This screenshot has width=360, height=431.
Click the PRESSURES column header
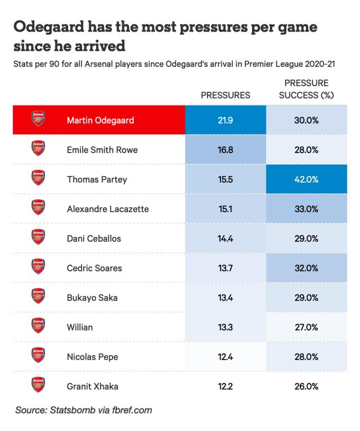pos(225,95)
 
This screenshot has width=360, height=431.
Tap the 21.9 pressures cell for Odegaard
pos(225,120)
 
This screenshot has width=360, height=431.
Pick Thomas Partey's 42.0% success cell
pos(306,179)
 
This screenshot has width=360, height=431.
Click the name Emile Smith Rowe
pos(102,150)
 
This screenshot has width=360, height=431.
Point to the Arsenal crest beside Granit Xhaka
pos(38,385)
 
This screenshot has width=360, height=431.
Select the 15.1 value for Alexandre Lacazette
pos(225,209)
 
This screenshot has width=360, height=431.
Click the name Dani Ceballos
pos(93,239)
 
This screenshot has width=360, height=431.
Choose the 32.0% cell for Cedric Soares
pos(306,268)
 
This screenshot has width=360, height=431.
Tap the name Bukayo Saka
pos(92,298)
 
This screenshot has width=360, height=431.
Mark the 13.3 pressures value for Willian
pos(225,327)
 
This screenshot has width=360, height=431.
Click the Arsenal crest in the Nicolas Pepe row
pos(38,356)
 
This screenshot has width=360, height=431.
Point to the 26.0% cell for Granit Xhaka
pos(306,386)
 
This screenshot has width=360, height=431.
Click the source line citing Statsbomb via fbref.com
pos(84,410)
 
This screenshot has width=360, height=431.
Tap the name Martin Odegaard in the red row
pos(100,120)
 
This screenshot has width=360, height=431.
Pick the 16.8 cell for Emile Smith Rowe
pos(225,150)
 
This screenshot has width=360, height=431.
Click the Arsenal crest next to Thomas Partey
pos(38,179)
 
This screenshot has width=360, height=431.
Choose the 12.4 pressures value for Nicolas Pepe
pos(225,357)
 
